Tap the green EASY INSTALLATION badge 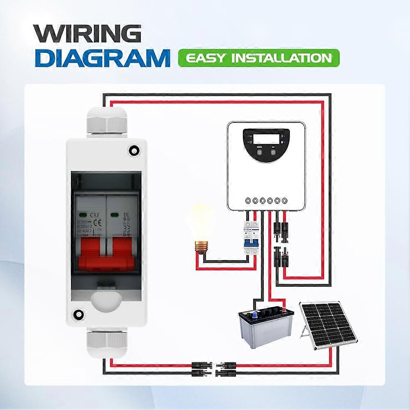point(258,58)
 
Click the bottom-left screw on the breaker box point(77,315)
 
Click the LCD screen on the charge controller point(266,139)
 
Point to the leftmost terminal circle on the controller point(247,201)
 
